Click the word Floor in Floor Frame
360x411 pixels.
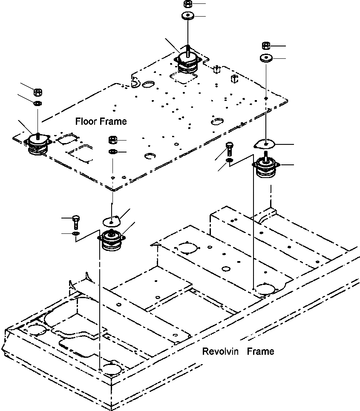[86, 121]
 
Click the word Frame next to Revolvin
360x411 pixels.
[261, 351]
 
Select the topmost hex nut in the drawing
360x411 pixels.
[187, 4]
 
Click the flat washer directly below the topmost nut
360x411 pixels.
[187, 16]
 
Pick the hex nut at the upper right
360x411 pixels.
[265, 46]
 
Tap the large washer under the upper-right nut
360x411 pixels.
[265, 57]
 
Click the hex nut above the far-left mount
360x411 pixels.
[37, 92]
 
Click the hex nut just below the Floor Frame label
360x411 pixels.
[113, 140]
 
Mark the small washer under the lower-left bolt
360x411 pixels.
[76, 233]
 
